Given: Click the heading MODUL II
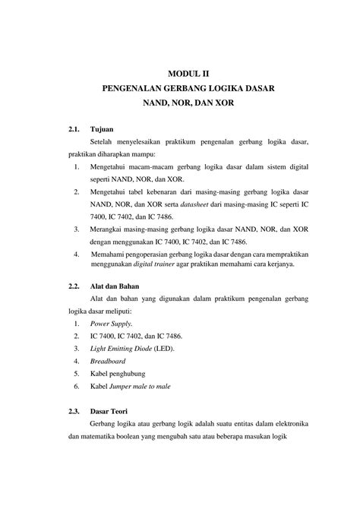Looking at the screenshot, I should click(187, 74).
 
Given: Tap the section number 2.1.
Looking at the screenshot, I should click(74, 128).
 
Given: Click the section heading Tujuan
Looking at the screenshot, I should click(103, 128).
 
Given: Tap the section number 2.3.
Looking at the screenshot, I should click(74, 411).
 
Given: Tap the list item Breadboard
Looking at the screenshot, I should click(107, 361).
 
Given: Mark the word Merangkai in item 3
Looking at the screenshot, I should click(107, 229).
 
